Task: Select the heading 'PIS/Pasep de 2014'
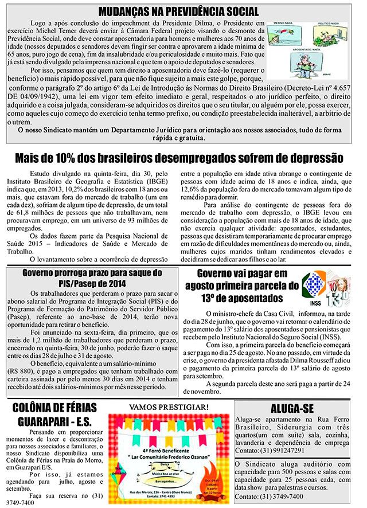pyautogui.click(x=92, y=283)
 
